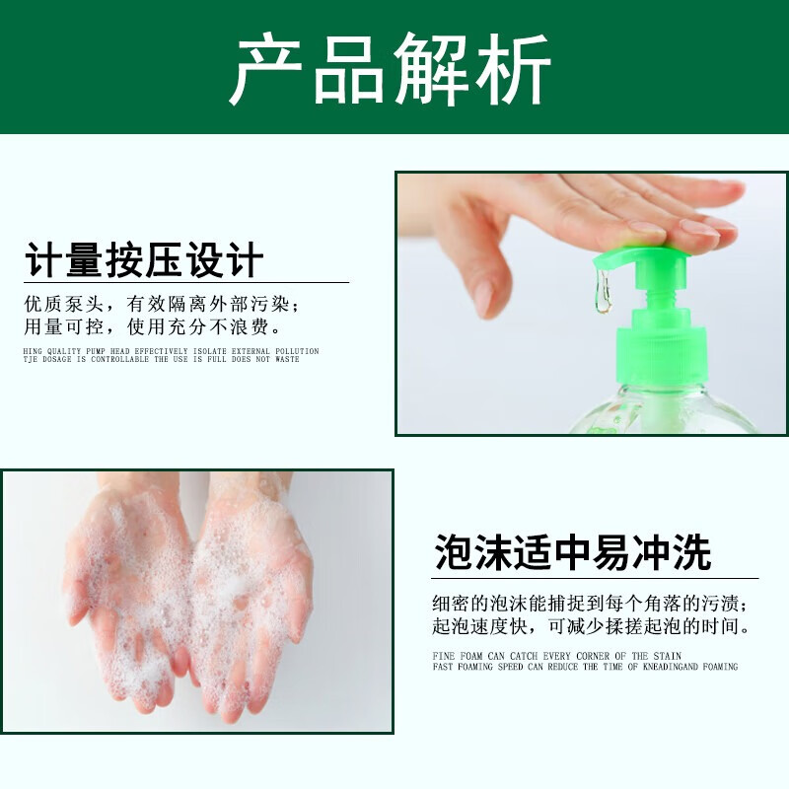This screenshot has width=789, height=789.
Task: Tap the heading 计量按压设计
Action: tap(144, 261)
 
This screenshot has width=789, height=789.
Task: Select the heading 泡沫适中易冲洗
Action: tap(573, 553)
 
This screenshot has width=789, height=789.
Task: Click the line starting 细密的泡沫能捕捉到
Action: tap(595, 604)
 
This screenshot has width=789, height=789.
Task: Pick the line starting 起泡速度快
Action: tap(593, 626)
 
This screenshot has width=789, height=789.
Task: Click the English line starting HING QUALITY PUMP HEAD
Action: tap(171, 350)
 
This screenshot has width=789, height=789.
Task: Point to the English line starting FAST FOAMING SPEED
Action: tap(585, 667)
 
